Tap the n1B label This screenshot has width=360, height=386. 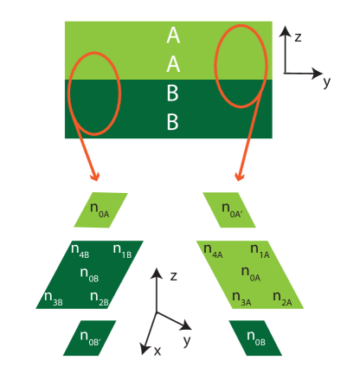[122, 251]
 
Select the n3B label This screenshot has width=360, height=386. [53, 300]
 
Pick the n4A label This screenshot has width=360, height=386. [213, 251]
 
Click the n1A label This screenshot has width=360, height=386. [260, 251]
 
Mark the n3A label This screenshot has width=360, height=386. [241, 299]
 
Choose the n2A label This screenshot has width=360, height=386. [282, 299]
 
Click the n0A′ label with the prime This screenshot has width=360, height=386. [231, 209]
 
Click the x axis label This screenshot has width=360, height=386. [157, 351]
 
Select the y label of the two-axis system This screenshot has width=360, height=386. [326, 81]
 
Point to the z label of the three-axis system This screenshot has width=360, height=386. [174, 275]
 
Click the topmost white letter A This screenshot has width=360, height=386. [173, 35]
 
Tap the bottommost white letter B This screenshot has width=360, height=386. [172, 123]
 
